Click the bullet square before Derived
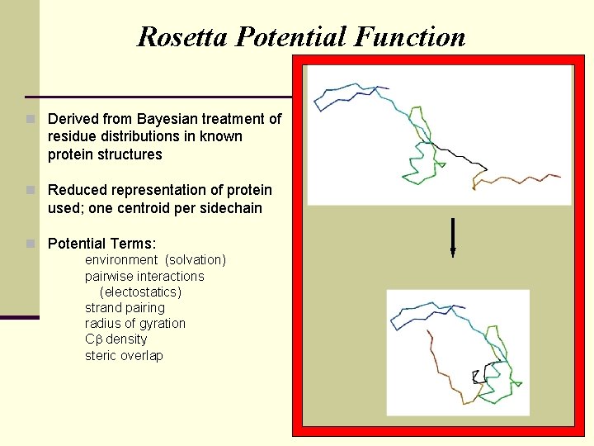31,119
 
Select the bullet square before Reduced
31,190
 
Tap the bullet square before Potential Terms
31,244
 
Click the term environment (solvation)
155,260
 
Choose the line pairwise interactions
144,276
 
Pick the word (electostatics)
140,292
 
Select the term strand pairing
125,308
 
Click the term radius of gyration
135,324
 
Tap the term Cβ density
115,339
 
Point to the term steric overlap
124,356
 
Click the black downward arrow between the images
453,236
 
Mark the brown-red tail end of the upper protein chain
544,176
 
